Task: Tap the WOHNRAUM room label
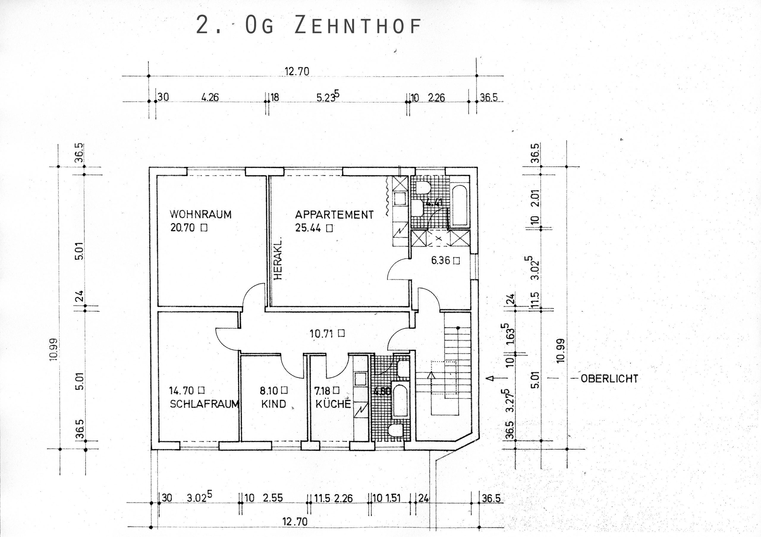tap(201, 214)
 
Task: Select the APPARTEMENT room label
tap(334, 215)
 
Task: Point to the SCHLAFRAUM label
tap(204, 404)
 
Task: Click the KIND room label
tap(273, 404)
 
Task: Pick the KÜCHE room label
tap(333, 404)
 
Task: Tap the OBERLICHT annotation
tap(609, 379)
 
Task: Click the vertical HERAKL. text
tap(278, 259)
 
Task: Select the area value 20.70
tap(182, 228)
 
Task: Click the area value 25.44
tap(308, 228)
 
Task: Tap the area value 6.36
tap(441, 260)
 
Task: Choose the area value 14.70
tap(181, 391)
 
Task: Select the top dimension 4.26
tap(210, 97)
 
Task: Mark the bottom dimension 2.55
tap(273, 498)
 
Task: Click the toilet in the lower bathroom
tap(395, 430)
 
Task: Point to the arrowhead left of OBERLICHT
tap(491, 378)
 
